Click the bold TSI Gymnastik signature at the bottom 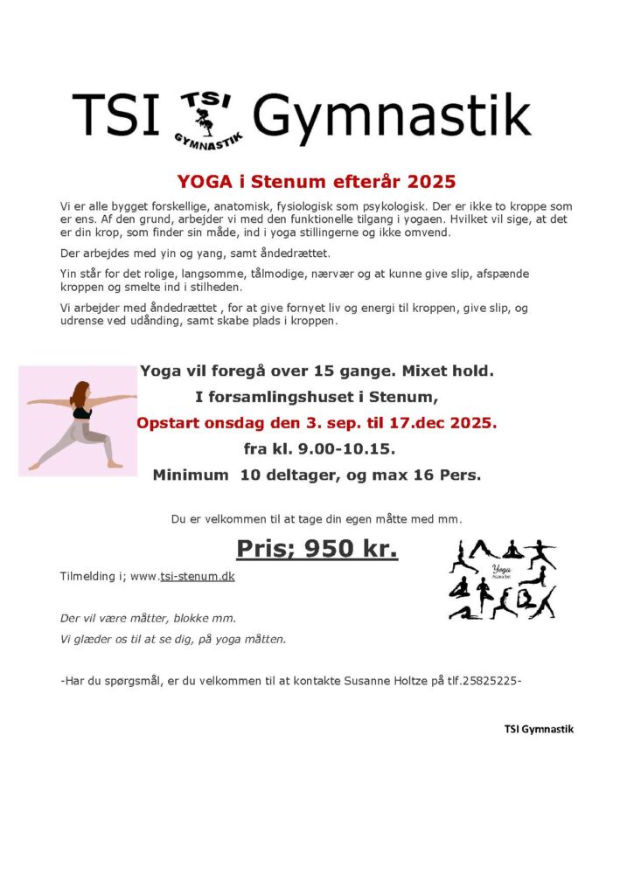(x=539, y=729)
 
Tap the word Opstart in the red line (x=173, y=423)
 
